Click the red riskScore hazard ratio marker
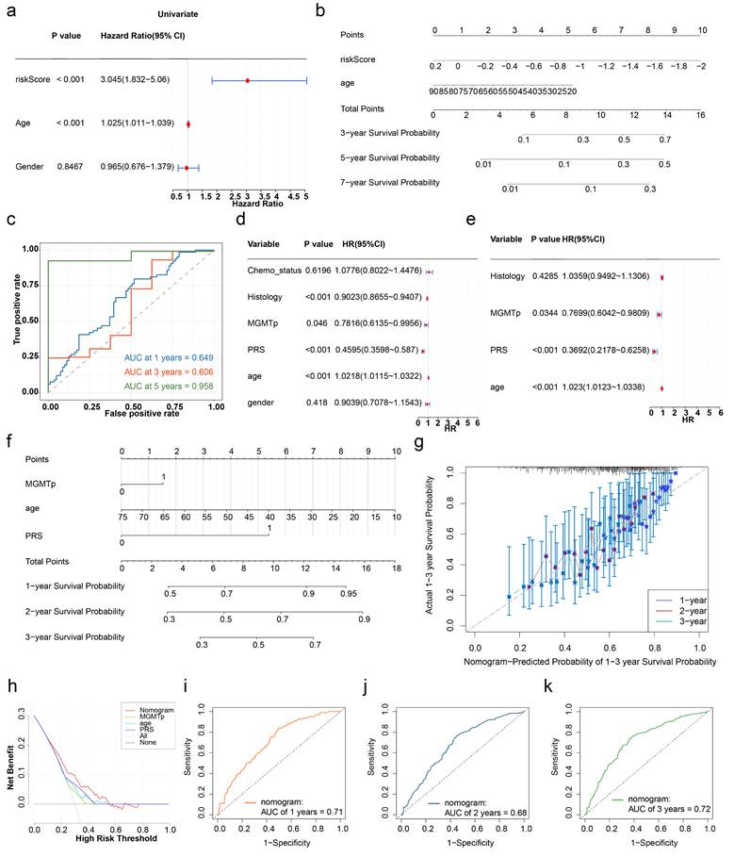point(247,81)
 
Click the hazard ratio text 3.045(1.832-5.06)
point(142,81)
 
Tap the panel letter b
point(347,10)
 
